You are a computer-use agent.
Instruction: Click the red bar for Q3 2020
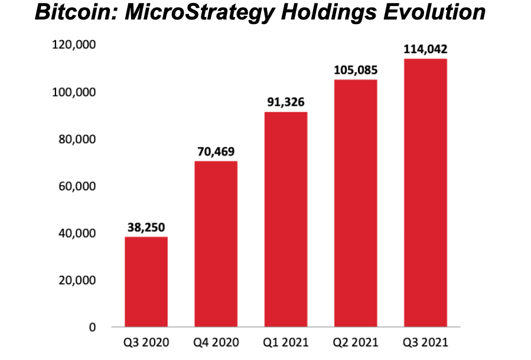coord(146,281)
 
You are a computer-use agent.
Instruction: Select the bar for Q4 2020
coord(216,244)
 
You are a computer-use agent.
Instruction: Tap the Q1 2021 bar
coord(285,219)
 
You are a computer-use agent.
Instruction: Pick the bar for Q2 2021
coord(356,203)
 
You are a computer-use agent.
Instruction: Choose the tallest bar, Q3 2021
coord(425,192)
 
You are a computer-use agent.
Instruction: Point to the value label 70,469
coord(216,151)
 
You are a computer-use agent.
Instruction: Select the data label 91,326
coord(285,102)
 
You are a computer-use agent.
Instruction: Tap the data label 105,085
coord(356,70)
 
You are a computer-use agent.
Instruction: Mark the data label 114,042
coord(425,49)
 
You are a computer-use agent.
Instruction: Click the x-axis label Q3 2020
coord(146,343)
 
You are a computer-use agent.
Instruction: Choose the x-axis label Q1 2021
coord(285,343)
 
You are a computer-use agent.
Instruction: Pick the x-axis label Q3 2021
coord(425,343)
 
